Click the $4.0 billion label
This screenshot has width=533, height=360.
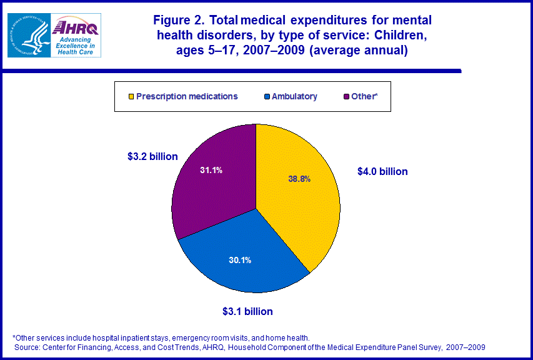382,171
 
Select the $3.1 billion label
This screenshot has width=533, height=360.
247,311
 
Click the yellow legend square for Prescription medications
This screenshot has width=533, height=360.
131,97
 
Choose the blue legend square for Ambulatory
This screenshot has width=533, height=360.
267,97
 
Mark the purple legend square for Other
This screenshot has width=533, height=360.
347,97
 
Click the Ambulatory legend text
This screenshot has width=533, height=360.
295,96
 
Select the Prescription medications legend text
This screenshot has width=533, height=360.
187,96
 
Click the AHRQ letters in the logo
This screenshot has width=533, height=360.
76,27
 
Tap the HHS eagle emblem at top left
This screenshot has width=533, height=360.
28,35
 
